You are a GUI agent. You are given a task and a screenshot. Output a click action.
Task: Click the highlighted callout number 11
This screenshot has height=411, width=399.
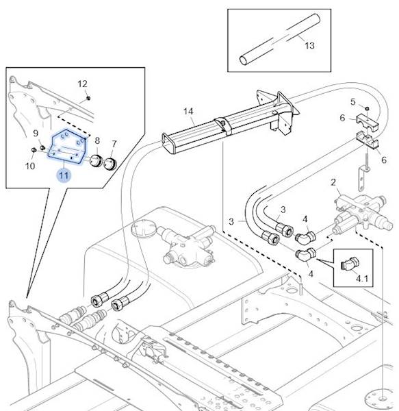tap(64, 175)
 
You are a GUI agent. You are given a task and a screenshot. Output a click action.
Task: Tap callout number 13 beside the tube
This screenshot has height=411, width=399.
tap(309, 46)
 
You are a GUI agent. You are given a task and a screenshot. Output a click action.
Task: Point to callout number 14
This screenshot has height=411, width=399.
tap(188, 112)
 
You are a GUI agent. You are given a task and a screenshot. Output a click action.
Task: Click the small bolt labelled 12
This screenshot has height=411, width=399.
tap(88, 98)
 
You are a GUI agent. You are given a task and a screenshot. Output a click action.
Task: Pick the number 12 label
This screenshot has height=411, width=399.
tap(83, 84)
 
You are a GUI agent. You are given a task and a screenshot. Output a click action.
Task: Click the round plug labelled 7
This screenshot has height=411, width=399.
tap(110, 163)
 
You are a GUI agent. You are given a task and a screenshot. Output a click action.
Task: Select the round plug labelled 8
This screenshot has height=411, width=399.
tap(96, 160)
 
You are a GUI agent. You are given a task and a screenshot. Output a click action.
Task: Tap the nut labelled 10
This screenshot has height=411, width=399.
tap(34, 150)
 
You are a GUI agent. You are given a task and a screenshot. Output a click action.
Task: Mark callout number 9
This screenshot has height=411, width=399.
tap(36, 134)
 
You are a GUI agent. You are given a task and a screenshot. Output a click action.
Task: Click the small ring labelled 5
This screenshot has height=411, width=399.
tap(367, 108)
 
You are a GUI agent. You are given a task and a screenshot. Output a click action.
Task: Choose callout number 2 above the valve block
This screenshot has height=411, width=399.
tap(333, 182)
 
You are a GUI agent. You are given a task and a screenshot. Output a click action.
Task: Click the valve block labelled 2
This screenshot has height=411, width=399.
tap(363, 214)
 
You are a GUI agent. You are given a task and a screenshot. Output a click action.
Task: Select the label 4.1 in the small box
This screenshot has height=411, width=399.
tap(362, 278)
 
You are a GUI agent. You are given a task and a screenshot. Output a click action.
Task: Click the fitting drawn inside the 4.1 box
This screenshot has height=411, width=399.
tap(350, 264)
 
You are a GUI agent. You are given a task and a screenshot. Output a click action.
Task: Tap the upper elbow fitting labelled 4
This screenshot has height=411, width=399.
tap(305, 236)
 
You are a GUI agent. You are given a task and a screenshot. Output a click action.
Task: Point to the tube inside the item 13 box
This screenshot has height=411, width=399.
tap(280, 40)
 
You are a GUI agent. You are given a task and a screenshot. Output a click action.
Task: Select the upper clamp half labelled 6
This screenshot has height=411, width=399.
tap(368, 123)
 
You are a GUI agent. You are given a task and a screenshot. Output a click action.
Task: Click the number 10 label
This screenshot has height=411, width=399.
tap(30, 166)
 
